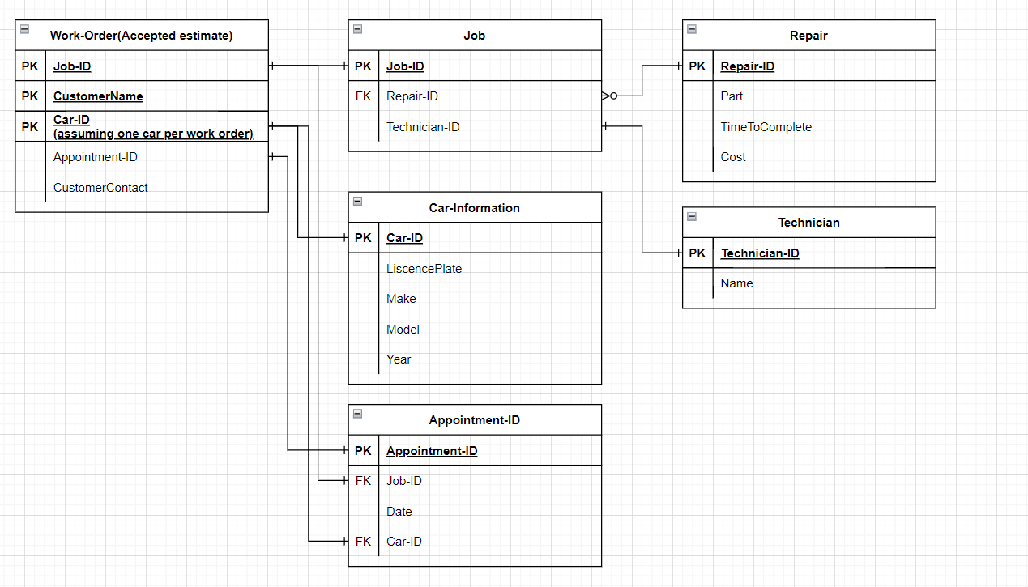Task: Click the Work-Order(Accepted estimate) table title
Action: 141,36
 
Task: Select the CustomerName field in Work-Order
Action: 98,96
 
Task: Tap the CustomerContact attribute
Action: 100,188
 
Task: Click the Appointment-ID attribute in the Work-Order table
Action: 96,157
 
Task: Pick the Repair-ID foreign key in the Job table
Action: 412,96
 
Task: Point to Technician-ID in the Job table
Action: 423,127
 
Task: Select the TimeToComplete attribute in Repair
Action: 766,127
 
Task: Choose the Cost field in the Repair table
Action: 733,157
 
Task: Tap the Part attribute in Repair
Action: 732,96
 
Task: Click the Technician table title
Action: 809,223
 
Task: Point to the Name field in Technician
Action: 736,283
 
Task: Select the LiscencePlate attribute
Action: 424,269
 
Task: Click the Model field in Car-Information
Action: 403,330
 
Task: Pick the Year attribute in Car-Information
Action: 399,359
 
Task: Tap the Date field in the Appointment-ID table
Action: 399,512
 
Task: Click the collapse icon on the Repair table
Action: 692,29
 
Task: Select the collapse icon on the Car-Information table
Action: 357,202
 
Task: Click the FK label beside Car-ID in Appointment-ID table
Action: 363,542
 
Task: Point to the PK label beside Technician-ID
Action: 697,253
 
